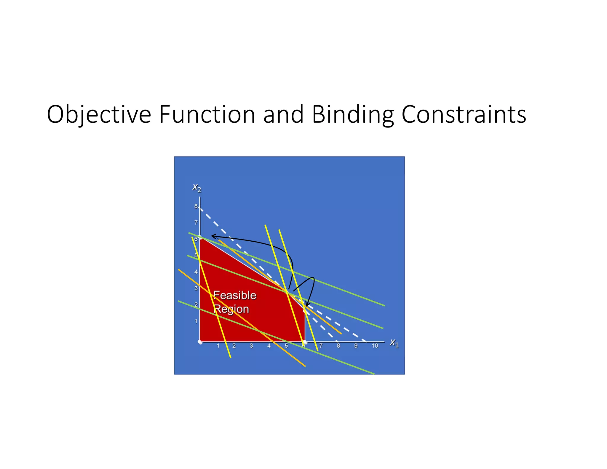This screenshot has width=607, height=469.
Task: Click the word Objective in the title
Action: pyautogui.click(x=99, y=115)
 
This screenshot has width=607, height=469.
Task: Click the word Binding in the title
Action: pyautogui.click(x=353, y=115)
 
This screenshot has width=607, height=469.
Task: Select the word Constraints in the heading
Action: pyautogui.click(x=464, y=115)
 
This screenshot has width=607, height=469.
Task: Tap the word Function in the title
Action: pyautogui.click(x=207, y=115)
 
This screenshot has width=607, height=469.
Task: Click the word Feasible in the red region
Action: pyautogui.click(x=235, y=295)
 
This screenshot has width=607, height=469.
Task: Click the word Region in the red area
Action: pyautogui.click(x=231, y=309)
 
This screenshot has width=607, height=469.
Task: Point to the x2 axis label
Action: pyautogui.click(x=197, y=187)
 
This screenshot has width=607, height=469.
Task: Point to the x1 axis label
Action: pyautogui.click(x=394, y=343)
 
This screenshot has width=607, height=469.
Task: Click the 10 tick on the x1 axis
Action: pyautogui.click(x=375, y=346)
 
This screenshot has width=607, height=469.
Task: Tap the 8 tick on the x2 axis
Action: pyautogui.click(x=196, y=206)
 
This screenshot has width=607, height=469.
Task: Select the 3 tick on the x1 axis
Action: pyautogui.click(x=251, y=346)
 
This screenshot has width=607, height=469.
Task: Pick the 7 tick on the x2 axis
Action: pyautogui.click(x=196, y=223)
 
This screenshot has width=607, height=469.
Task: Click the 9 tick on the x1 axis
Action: pyautogui.click(x=356, y=346)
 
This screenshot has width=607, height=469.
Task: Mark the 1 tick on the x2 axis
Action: pyautogui.click(x=196, y=321)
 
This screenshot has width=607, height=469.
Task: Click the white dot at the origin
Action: pyautogui.click(x=200, y=342)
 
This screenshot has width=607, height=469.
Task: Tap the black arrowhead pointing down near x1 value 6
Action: pyautogui.click(x=307, y=304)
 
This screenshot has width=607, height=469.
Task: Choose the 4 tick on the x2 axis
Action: pyautogui.click(x=196, y=272)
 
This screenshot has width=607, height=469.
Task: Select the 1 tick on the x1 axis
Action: pyautogui.click(x=218, y=346)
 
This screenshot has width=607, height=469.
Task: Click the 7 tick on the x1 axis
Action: pyautogui.click(x=321, y=346)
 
